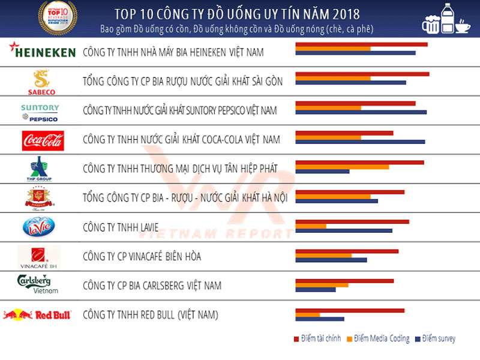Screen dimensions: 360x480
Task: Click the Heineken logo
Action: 40,52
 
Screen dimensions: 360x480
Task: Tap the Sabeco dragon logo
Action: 41,82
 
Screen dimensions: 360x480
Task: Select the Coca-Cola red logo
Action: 43,140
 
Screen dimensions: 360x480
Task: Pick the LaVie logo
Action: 38,227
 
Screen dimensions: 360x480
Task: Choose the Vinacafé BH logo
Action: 38,257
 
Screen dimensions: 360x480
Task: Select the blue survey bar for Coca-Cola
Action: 360,142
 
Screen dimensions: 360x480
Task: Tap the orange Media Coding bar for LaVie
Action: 311,226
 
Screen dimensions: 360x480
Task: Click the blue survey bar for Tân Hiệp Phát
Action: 322,171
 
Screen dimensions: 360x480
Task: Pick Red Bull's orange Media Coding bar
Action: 308,314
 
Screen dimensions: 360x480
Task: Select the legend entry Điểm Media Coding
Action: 377,339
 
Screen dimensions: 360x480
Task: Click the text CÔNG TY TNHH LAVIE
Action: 121,227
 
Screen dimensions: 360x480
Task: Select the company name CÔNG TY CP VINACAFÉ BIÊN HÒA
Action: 142,257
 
